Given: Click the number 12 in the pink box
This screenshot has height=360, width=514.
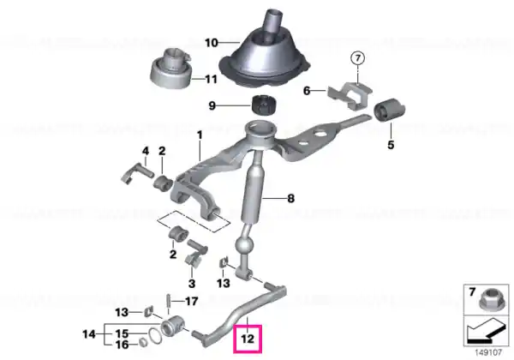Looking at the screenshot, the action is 248,339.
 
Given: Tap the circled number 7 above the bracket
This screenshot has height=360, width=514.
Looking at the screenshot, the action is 357,58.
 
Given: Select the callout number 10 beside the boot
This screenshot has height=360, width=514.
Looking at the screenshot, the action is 212,43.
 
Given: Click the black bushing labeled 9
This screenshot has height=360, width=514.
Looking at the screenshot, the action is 264,105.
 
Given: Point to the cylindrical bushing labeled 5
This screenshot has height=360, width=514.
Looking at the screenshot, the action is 390,110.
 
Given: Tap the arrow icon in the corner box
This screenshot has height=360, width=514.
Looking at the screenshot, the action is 486,332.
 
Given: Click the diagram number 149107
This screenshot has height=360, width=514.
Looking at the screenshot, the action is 488,353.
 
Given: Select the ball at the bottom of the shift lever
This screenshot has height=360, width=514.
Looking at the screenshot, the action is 244,246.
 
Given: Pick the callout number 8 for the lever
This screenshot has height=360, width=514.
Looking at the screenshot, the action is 290,198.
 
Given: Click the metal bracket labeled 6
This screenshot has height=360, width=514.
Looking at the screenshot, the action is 350,95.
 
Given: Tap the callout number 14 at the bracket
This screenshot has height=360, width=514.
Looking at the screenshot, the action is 89,334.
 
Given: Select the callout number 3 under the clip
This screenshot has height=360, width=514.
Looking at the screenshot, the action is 192,283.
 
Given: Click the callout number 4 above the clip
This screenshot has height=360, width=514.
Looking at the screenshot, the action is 146,151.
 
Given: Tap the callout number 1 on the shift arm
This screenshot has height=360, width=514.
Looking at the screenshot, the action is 200,135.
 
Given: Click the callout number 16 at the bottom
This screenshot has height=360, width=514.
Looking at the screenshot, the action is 122,345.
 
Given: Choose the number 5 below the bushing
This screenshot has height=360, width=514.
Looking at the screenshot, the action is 391,145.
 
